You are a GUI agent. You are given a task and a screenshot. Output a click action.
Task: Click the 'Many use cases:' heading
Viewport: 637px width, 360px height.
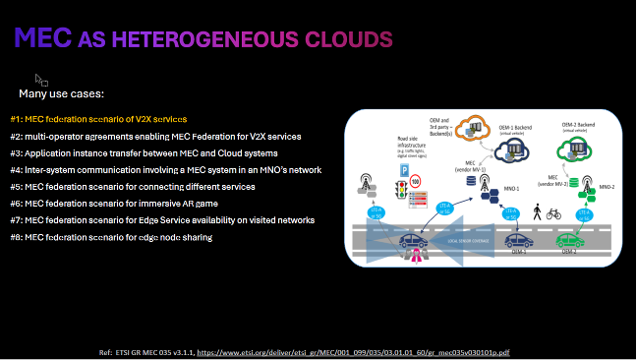61,93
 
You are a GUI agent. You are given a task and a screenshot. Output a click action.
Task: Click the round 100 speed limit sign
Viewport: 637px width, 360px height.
416,181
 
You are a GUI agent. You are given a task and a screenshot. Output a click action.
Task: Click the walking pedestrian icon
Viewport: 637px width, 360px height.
538,210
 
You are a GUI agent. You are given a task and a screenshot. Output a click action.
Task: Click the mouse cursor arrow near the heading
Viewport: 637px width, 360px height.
40,79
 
